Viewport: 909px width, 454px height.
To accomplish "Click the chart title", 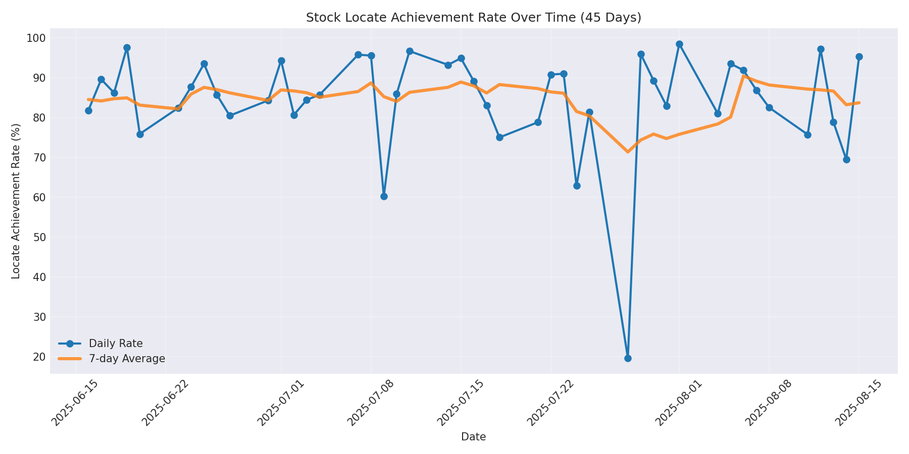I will [473, 18].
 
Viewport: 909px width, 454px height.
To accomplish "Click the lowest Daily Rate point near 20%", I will [628, 358].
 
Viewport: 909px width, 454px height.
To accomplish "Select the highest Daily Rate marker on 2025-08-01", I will [679, 44].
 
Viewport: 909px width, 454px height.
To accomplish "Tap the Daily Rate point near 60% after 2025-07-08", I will [384, 196].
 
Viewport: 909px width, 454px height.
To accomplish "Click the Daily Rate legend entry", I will [116, 344].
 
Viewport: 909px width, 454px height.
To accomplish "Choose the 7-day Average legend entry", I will [127, 359].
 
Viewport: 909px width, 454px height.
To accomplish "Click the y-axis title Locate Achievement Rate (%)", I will [16, 201].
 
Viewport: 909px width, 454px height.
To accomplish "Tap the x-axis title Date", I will [473, 437].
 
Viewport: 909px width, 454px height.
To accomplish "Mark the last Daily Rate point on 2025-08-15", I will [859, 57].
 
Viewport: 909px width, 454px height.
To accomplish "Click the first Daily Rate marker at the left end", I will [88, 110].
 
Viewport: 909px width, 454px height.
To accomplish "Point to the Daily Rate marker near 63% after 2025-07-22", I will [577, 186].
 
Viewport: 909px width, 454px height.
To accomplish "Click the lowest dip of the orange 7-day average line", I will [628, 151].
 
